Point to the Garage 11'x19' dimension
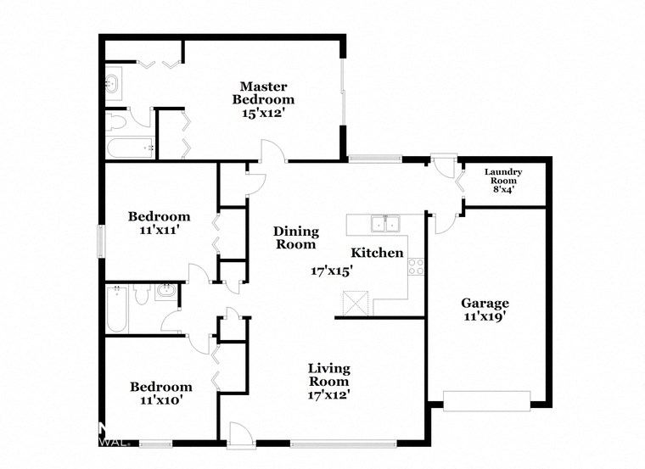click(x=485, y=318)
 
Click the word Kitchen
click(x=378, y=253)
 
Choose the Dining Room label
click(x=294, y=237)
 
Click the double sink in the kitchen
click(x=385, y=224)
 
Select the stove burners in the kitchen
click(x=416, y=267)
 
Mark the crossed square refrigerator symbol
click(x=356, y=303)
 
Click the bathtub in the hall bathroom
click(x=115, y=310)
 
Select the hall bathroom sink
click(x=166, y=293)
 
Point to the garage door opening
click(x=486, y=400)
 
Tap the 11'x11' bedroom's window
click(x=101, y=241)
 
